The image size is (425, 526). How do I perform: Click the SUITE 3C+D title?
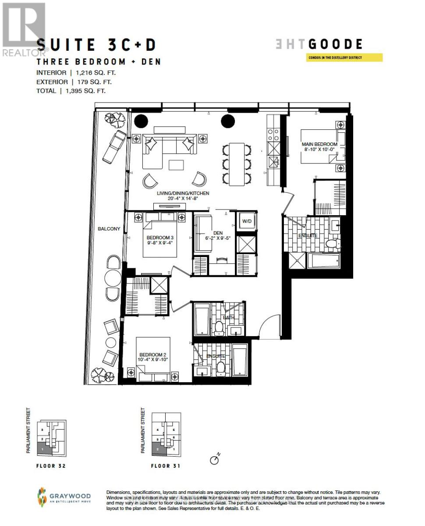96,45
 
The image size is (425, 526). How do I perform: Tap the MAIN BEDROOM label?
319,144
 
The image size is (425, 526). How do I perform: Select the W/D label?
247,221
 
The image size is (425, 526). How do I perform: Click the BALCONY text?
109,228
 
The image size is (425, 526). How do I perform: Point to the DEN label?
218,233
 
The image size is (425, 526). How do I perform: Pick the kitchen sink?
275,162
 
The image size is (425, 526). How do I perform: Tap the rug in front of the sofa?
176,165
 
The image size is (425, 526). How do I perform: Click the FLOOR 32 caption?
51,466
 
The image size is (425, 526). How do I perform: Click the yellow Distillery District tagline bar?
344,57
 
